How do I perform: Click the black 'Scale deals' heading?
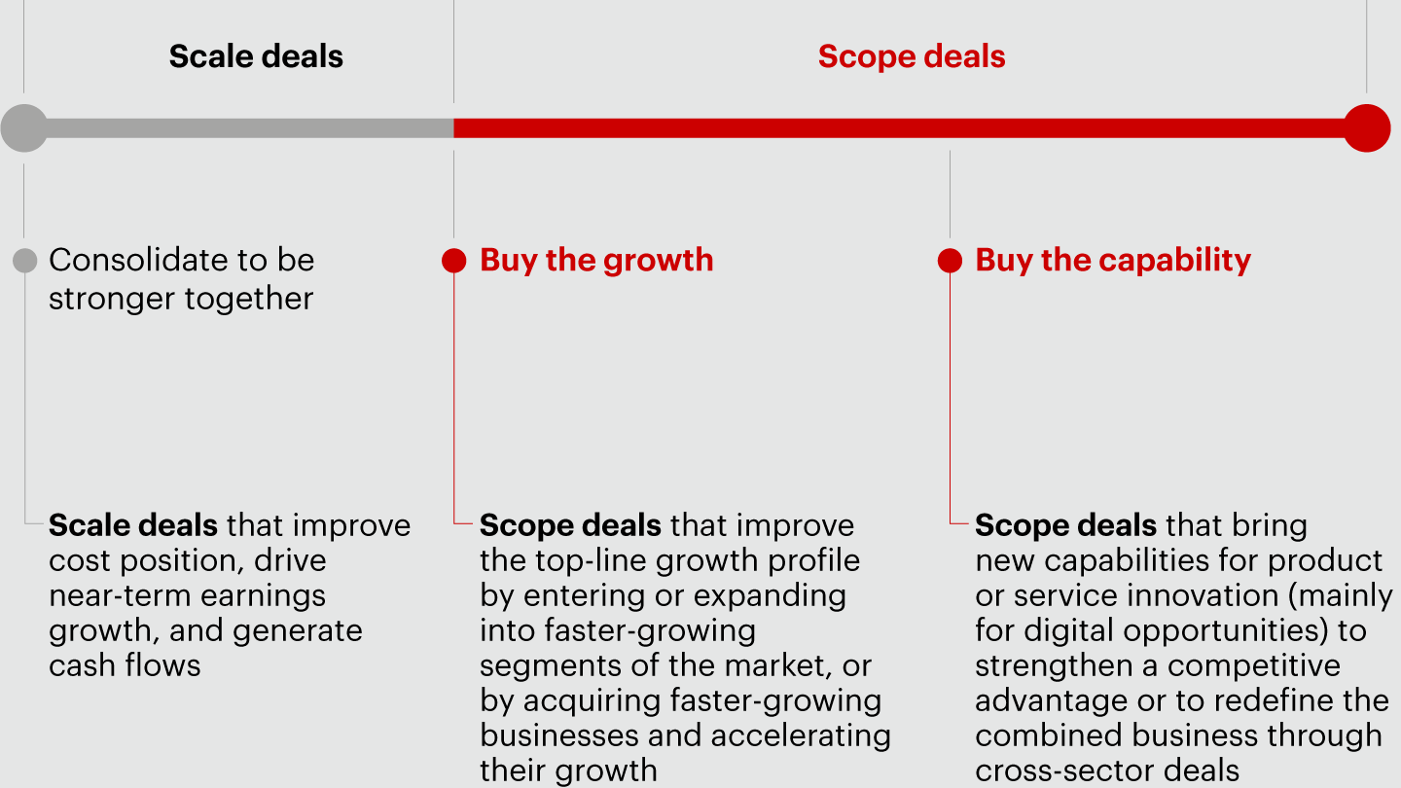click(256, 56)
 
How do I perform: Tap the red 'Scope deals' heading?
click(912, 56)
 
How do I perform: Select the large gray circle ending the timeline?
click(24, 128)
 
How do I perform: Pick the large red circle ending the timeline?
click(1367, 128)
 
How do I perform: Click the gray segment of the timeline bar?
click(250, 128)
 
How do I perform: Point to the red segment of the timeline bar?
click(899, 128)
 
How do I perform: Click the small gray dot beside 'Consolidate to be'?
click(25, 261)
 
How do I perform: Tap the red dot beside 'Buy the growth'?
click(454, 261)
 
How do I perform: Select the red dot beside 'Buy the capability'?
click(950, 261)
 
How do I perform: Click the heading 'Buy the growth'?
click(596, 260)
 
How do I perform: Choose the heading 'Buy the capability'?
click(1113, 260)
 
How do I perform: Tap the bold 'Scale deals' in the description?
click(133, 525)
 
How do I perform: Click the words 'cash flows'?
click(126, 665)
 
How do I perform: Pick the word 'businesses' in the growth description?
click(559, 735)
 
